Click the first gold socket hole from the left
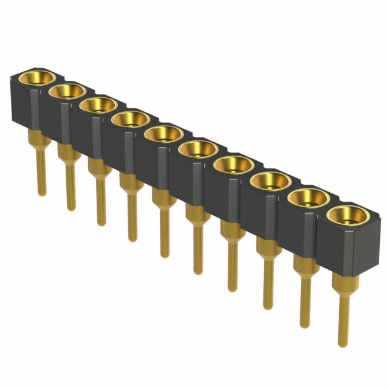35,78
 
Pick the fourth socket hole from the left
130,119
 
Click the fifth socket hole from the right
198,148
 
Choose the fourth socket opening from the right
233,164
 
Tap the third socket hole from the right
270,180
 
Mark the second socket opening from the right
308,197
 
